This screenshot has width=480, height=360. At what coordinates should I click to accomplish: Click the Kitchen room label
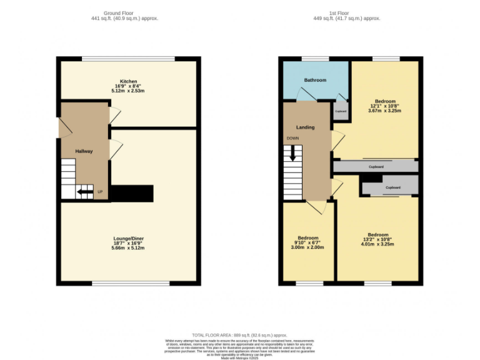point(129,82)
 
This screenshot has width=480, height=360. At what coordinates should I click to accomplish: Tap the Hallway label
point(84,151)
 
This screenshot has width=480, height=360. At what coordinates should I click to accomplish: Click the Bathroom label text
point(315,81)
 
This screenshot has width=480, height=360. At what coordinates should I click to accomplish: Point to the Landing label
point(306,127)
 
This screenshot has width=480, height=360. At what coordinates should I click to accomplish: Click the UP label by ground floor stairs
point(100,191)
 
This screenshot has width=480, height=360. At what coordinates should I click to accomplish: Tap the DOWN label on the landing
point(292,138)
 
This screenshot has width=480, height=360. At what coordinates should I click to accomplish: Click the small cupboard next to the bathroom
point(341,110)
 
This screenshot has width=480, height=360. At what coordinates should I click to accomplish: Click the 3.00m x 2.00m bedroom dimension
point(308,247)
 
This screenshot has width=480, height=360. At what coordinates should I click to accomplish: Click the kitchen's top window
point(128,59)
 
